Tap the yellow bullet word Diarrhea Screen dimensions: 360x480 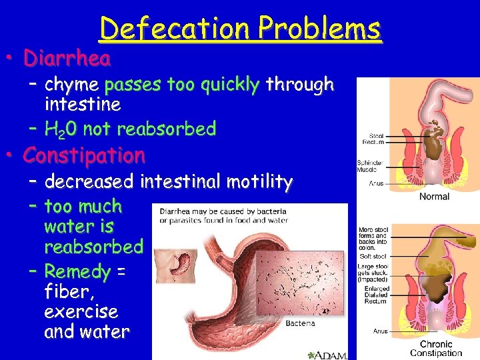click(67, 59)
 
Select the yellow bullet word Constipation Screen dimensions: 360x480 click(84, 156)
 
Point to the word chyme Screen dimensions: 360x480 click(71, 85)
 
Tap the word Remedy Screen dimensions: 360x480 click(77, 271)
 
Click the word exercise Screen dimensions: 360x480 click(81, 311)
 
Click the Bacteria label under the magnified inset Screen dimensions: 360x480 click(300, 324)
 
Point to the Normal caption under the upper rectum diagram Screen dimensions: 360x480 click(434, 197)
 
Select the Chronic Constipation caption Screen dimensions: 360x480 click(436, 349)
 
